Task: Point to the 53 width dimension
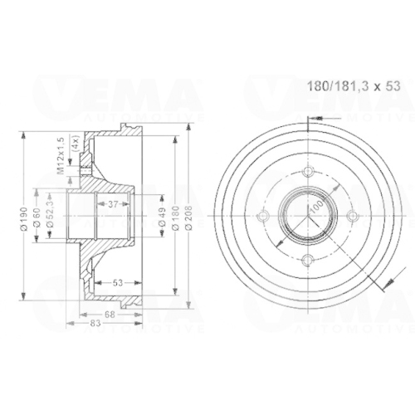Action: pyautogui.click(x=117, y=283)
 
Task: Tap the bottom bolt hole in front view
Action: pyautogui.click(x=307, y=260)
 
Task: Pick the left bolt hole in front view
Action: pyautogui.click(x=263, y=216)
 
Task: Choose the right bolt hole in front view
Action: pyautogui.click(x=351, y=216)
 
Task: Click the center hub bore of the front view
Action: pyautogui.click(x=307, y=216)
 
